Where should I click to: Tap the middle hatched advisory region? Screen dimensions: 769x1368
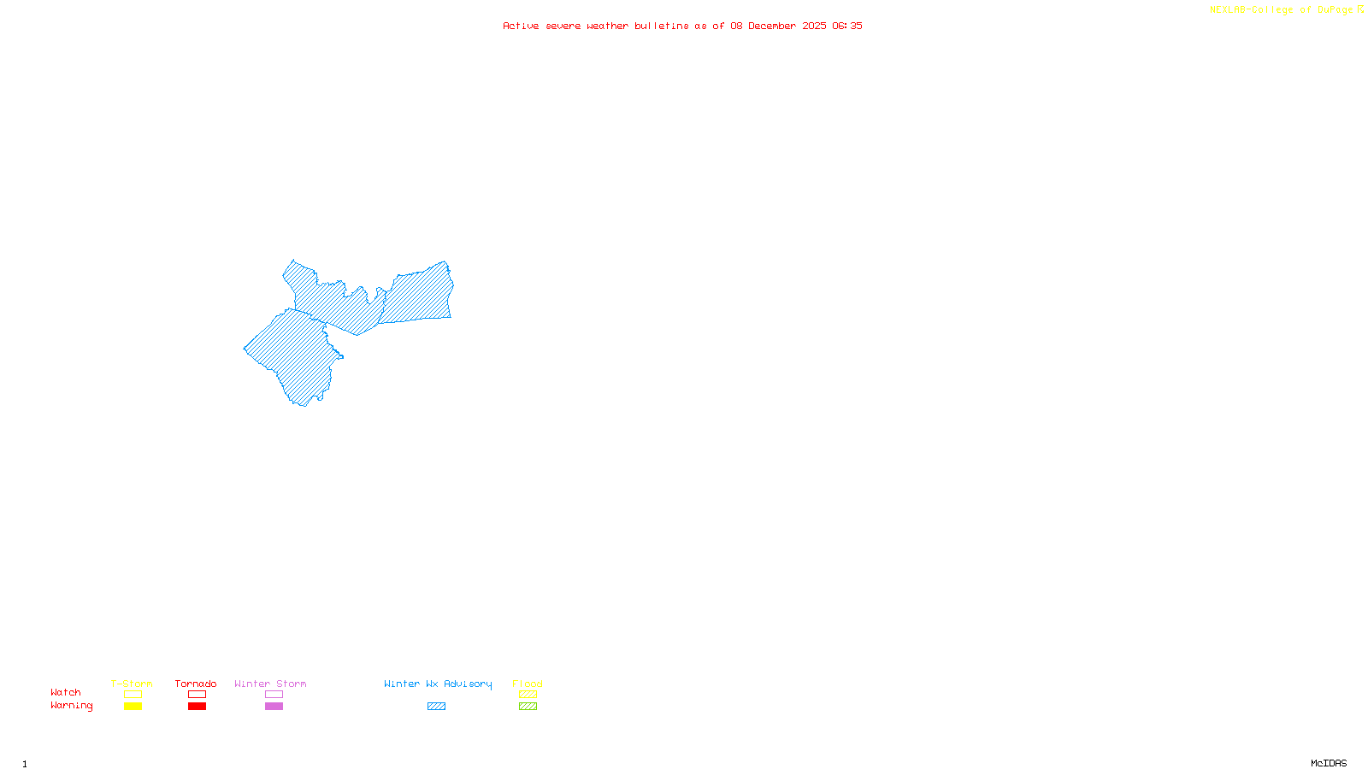click(x=338, y=303)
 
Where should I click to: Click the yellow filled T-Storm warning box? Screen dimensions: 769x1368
click(x=133, y=707)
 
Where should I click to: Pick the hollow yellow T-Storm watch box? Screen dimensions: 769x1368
click(x=133, y=695)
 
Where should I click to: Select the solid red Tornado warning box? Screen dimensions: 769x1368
click(x=197, y=707)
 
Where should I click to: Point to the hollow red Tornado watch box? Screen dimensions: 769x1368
click(x=197, y=695)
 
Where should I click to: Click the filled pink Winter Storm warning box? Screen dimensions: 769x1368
click(x=274, y=707)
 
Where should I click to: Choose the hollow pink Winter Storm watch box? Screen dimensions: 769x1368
click(x=274, y=695)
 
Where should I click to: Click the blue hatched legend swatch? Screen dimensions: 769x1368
click(x=436, y=707)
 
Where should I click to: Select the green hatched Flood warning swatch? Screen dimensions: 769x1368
click(x=528, y=707)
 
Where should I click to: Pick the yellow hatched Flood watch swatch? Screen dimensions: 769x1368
click(x=528, y=695)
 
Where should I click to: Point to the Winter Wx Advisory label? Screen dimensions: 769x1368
click(x=438, y=684)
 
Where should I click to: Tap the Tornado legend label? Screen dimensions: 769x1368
click(x=196, y=684)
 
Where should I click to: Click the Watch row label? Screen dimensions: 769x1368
click(x=66, y=692)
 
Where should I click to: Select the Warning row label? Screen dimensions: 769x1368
click(x=71, y=706)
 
